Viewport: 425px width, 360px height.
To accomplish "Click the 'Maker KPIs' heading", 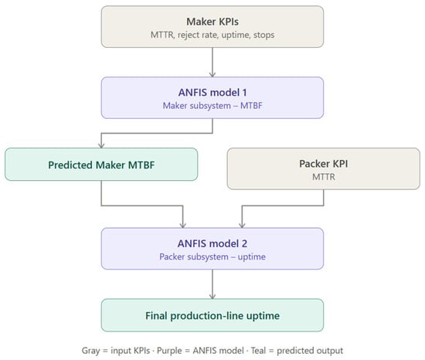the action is tap(212, 22).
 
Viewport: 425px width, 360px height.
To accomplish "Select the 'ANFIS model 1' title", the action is tap(212, 93).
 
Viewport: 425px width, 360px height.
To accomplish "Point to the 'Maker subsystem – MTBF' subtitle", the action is tap(212, 106).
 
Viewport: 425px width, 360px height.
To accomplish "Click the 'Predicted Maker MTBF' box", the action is tap(101, 165).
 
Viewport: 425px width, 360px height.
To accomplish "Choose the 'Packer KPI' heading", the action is tap(324, 164).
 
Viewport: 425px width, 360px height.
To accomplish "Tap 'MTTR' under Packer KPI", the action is tap(324, 177).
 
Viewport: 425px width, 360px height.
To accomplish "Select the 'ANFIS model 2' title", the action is tap(212, 243).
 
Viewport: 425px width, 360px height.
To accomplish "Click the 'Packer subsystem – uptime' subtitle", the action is tap(212, 256).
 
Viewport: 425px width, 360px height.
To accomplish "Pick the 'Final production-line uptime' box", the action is tap(212, 315).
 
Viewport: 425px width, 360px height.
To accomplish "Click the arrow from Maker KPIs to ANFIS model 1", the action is tap(212, 63).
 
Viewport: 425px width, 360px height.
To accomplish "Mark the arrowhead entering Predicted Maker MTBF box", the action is tap(101, 145).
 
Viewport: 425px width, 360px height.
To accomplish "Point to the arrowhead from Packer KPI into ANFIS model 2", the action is tap(242, 225).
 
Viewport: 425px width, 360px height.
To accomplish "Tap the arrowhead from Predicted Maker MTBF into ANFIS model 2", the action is tap(183, 225).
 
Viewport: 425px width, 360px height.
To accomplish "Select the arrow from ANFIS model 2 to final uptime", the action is tap(212, 284).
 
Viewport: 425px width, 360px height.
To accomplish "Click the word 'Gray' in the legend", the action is tap(91, 351).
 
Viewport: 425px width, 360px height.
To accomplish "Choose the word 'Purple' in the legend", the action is tap(169, 351).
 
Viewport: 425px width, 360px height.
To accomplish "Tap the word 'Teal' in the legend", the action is tap(258, 351).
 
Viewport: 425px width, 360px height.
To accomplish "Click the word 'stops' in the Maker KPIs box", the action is tap(264, 35).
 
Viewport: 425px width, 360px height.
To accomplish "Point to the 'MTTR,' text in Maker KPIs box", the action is tap(162, 35).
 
